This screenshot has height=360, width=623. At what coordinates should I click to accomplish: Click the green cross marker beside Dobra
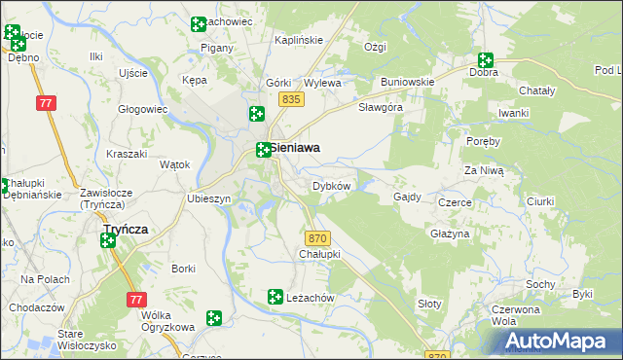click(484, 60)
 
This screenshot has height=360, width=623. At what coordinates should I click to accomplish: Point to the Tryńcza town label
click(126, 229)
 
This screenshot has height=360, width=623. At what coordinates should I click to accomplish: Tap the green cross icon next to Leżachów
click(275, 296)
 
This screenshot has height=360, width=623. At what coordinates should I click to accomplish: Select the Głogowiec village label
click(143, 110)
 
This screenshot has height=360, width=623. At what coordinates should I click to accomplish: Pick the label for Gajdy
click(407, 197)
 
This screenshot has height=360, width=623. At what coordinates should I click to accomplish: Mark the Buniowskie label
click(407, 82)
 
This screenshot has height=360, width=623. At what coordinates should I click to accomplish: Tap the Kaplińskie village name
click(298, 40)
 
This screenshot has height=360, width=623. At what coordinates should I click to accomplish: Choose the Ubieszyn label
click(208, 198)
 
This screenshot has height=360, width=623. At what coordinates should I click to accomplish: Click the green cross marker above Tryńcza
click(107, 240)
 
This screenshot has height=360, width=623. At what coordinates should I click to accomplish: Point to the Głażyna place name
click(450, 234)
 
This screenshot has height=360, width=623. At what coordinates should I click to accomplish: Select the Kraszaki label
click(127, 156)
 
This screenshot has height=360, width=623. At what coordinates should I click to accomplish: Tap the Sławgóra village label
click(381, 107)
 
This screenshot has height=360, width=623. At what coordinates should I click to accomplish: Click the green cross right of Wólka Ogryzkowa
click(214, 317)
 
